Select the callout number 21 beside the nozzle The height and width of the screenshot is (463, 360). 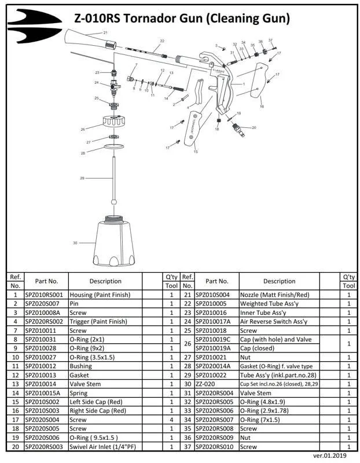(105, 32)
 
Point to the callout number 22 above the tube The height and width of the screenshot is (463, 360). (162, 41)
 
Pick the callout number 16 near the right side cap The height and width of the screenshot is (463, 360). (262, 106)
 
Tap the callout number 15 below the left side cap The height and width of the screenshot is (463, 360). (196, 152)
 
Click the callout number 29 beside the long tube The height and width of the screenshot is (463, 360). (82, 177)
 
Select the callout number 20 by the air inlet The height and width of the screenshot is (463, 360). (254, 127)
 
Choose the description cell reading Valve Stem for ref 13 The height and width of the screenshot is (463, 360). (85, 384)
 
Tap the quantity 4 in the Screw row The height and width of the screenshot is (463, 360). (171, 420)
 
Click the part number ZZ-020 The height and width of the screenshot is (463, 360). (206, 384)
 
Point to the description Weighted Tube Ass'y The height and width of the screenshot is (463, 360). (269, 303)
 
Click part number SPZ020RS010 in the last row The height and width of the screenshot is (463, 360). (214, 446)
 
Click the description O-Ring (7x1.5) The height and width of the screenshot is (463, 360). (262, 420)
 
